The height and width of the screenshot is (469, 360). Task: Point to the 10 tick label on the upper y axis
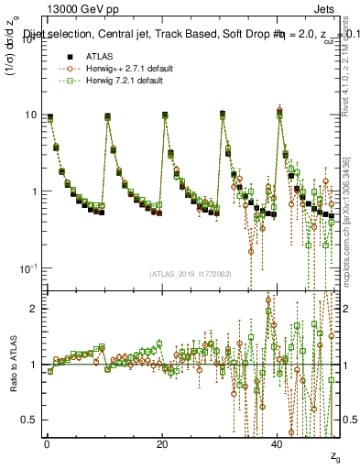30,115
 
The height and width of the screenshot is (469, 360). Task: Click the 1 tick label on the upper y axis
33,191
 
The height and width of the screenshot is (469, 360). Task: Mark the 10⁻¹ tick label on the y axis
27,268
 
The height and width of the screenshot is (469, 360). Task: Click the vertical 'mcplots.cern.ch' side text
351,229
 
